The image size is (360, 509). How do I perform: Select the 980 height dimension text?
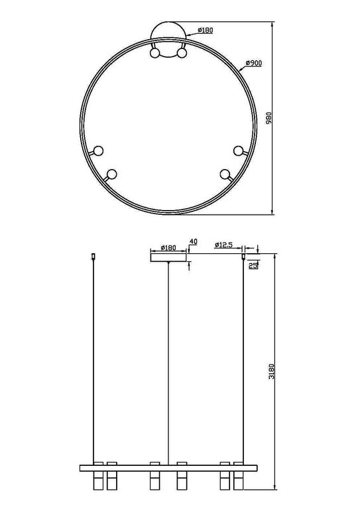click(269, 119)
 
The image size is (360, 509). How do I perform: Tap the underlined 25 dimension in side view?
click(252, 265)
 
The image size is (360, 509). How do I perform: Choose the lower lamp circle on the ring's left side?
click(111, 174)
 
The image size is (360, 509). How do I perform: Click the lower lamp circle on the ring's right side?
click(225, 174)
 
